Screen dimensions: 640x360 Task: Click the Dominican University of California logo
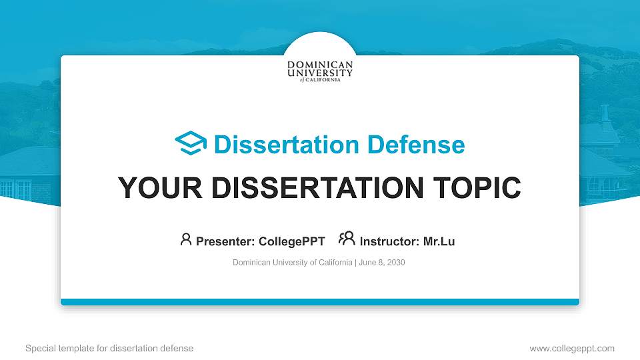coord(320,71)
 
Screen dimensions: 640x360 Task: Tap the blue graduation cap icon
coord(191,143)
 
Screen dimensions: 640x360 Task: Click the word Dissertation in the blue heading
coord(287,145)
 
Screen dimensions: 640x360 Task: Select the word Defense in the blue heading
coord(416,145)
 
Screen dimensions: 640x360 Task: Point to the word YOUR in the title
coord(160,188)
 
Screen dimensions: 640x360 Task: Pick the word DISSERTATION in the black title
coord(317,188)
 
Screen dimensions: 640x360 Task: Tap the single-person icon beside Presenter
coord(186,239)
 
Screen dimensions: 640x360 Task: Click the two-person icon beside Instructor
coord(347,238)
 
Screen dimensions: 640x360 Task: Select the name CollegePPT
coord(292,241)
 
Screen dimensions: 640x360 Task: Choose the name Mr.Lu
coord(439,241)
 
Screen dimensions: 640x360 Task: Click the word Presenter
coord(225,241)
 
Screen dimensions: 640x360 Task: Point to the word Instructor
coord(389,241)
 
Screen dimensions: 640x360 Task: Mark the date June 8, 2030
coord(381,263)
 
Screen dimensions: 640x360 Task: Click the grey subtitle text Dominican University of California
coord(292,263)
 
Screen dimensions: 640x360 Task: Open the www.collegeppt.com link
coord(572,349)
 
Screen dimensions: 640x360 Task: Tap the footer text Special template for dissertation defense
coord(109,349)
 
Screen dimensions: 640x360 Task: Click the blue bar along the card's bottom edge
coord(320,302)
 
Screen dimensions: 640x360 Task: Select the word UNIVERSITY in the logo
coord(320,73)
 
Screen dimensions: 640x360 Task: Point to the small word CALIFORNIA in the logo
coord(323,80)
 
